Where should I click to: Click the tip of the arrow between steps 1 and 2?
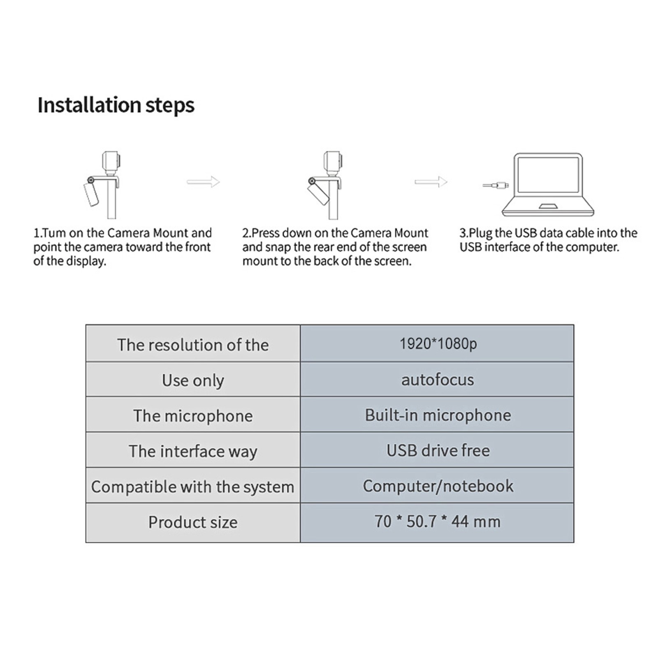click(x=220, y=181)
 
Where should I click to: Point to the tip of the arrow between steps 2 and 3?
click(x=447, y=181)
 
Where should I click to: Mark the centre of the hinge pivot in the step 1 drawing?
click(x=90, y=180)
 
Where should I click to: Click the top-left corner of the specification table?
click(x=86, y=325)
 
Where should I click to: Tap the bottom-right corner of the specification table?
click(x=574, y=542)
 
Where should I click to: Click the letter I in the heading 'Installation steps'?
click(x=40, y=105)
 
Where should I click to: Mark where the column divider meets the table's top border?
click(x=300, y=325)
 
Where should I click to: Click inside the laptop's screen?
click(x=548, y=175)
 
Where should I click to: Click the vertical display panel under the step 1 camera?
click(x=111, y=198)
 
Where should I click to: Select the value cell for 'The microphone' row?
click(x=437, y=415)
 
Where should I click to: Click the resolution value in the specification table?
click(x=438, y=343)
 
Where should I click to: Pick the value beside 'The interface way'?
click(x=438, y=450)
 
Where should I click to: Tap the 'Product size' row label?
click(x=193, y=522)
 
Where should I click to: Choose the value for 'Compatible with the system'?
click(x=438, y=486)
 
